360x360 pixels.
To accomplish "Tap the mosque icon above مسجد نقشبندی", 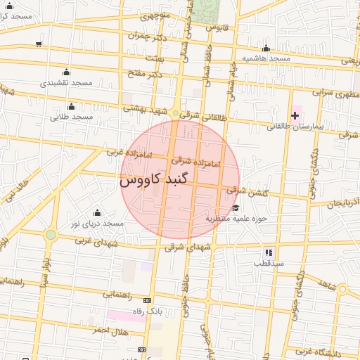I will [66, 72].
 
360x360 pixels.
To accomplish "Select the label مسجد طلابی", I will [72, 117].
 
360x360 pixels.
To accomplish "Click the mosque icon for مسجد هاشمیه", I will [266, 49].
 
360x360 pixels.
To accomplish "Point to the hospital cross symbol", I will [295, 115].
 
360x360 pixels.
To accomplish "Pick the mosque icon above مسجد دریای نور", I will [97, 212].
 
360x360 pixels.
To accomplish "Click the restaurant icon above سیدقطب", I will [268, 252].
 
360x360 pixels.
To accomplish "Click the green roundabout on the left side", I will [50, 235].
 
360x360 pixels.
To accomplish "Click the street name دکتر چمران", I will [149, 37].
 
